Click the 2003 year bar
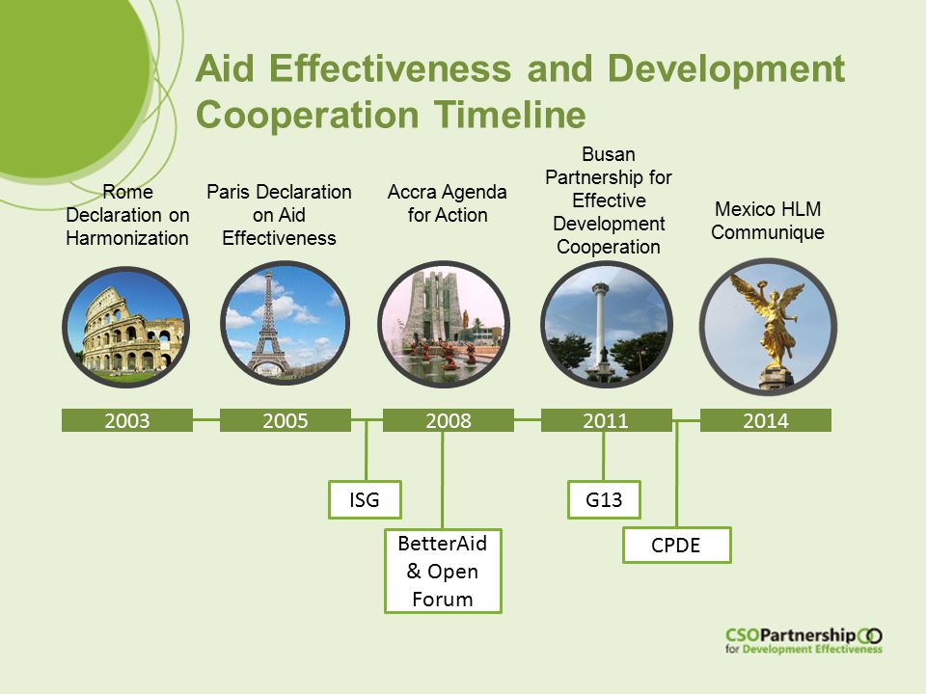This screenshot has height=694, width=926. click(x=127, y=420)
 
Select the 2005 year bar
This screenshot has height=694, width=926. click(x=286, y=420)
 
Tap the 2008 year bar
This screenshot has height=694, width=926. click(x=449, y=420)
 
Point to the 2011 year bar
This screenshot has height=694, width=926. click(x=607, y=420)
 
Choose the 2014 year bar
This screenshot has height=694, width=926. click(x=765, y=420)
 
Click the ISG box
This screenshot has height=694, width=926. click(x=365, y=500)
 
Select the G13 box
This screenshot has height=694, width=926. click(x=604, y=500)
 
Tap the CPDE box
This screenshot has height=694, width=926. click(x=677, y=545)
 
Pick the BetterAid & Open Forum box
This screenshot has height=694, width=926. click(x=443, y=572)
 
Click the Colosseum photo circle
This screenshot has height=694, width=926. click(x=125, y=327)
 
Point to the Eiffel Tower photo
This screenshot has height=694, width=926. click(x=285, y=324)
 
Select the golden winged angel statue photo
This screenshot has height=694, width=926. click(x=769, y=327)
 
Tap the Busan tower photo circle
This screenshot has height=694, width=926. click(x=607, y=325)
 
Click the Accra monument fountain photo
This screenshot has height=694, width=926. click(x=444, y=325)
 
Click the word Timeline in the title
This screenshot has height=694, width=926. click(x=510, y=115)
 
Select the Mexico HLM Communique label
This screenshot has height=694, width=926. click(x=768, y=221)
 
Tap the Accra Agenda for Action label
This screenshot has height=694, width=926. click(x=447, y=203)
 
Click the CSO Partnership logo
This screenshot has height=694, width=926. click(x=803, y=640)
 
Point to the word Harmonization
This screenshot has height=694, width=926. click(x=127, y=238)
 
